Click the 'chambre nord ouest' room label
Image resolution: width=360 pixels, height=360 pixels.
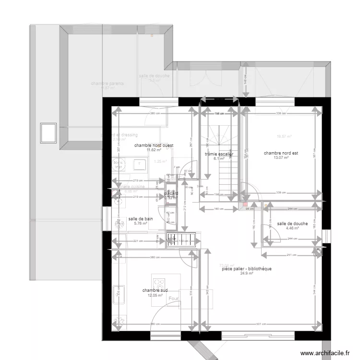(154, 145)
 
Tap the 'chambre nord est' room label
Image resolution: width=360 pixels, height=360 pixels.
(281, 153)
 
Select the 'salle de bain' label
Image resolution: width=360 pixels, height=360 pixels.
(141, 219)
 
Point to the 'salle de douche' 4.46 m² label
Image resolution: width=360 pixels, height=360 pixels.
(292, 224)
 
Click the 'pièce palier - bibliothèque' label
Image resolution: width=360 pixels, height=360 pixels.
(247, 269)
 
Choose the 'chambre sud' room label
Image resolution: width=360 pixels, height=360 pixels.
(155, 290)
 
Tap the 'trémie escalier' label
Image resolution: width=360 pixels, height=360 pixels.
(219, 154)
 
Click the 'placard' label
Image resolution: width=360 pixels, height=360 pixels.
(171, 193)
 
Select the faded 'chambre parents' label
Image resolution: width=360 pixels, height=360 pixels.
(107, 84)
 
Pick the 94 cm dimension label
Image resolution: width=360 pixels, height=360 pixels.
(249, 209)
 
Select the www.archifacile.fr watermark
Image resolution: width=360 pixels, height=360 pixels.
(325, 353)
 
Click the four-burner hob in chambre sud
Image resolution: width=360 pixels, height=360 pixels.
(158, 283)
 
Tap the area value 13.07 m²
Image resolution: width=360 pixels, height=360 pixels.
(281, 158)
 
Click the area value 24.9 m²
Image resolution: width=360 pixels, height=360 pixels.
(247, 274)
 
